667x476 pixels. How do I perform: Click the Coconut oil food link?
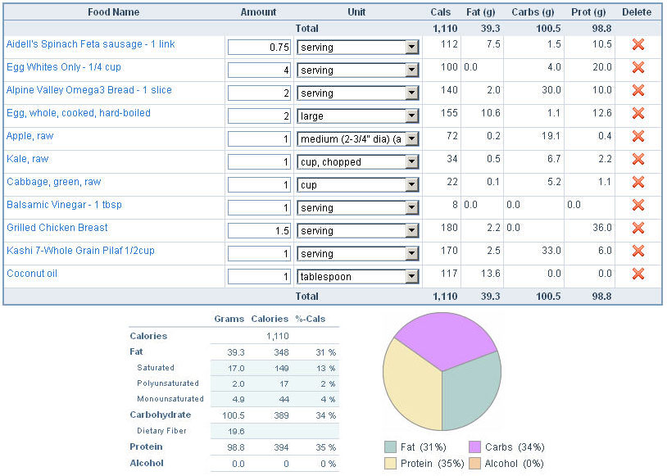click(x=32, y=274)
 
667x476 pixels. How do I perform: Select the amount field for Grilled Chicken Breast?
click(x=259, y=231)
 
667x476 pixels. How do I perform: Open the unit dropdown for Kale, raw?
click(x=412, y=162)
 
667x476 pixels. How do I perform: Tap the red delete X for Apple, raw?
click(x=638, y=137)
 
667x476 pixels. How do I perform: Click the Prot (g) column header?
click(x=588, y=12)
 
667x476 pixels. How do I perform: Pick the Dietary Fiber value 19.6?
click(x=235, y=431)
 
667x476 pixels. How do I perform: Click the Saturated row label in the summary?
click(x=156, y=368)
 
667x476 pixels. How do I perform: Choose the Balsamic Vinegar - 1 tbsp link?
click(x=64, y=205)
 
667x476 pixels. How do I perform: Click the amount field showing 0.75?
click(x=259, y=48)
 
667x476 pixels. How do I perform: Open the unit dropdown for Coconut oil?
click(x=412, y=277)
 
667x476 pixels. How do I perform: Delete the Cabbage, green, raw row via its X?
click(x=638, y=183)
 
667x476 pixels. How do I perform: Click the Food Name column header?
click(x=113, y=12)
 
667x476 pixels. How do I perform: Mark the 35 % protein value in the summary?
click(x=325, y=447)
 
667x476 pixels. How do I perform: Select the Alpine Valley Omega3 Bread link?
click(x=88, y=90)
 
